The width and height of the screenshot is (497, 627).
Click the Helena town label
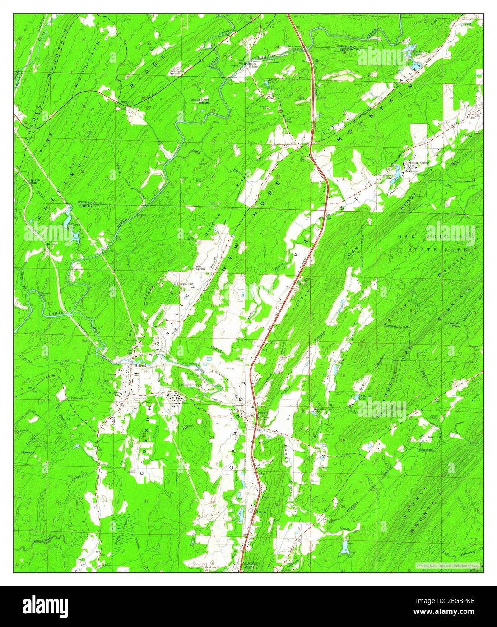[140, 366]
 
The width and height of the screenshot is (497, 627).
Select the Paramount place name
[186, 284]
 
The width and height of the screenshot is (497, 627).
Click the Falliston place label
[77, 398]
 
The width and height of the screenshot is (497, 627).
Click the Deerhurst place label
[432, 437]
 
